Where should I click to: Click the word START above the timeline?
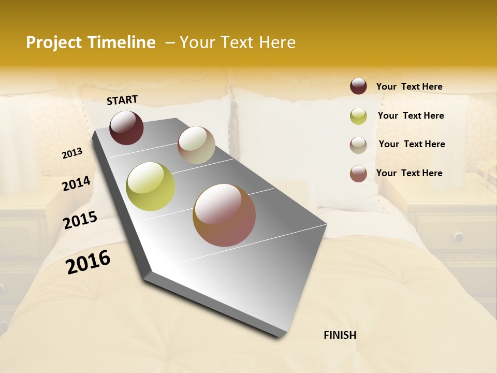(122, 100)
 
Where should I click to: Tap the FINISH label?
(340, 335)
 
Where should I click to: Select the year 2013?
(72, 153)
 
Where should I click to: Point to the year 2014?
(76, 183)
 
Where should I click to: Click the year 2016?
(88, 262)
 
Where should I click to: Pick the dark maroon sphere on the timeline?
(126, 127)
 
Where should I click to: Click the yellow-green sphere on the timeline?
(151, 187)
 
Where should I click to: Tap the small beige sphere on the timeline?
(196, 145)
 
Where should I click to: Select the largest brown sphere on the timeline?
(224, 214)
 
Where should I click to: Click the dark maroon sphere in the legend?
(358, 86)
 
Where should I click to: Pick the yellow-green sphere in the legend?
(358, 116)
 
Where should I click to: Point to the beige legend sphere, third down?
(358, 145)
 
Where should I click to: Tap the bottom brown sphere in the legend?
(358, 174)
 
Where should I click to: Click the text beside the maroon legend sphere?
(409, 87)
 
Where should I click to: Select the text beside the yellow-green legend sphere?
(411, 116)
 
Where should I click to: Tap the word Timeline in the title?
(123, 42)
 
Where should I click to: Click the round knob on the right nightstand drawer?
(458, 237)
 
